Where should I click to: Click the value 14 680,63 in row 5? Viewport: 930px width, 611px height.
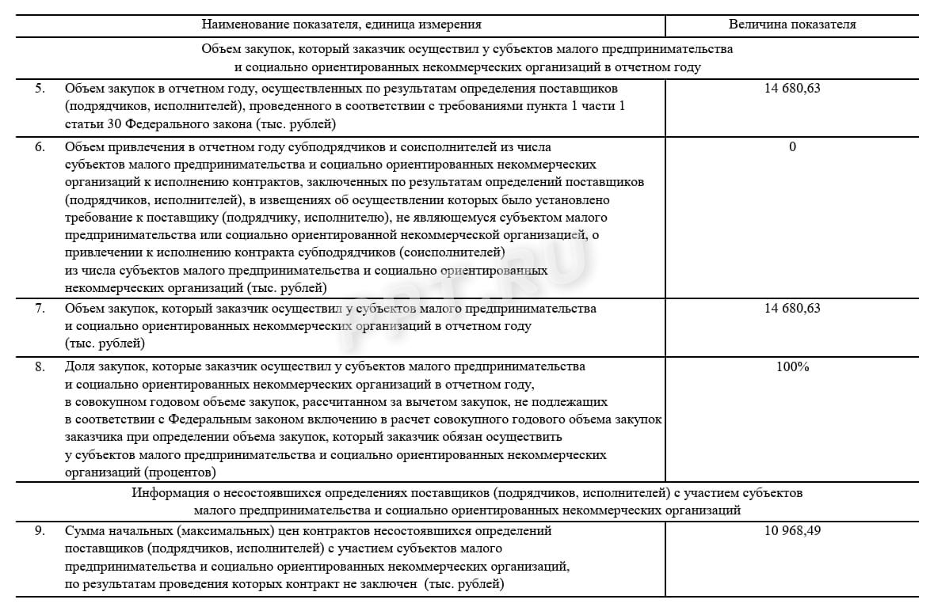pyautogui.click(x=792, y=89)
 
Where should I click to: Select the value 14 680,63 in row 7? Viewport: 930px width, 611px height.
pyautogui.click(x=792, y=309)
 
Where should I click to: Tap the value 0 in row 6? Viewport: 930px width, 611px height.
pyautogui.click(x=792, y=147)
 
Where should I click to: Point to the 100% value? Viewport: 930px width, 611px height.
pyautogui.click(x=792, y=367)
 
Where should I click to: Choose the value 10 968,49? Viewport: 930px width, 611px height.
pyautogui.click(x=792, y=531)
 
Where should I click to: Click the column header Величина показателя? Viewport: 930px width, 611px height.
pyautogui.click(x=792, y=25)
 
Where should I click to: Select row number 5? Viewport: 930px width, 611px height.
pyautogui.click(x=40, y=89)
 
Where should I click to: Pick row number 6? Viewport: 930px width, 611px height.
pyautogui.click(x=40, y=147)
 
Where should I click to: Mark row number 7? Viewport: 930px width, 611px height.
pyautogui.click(x=40, y=309)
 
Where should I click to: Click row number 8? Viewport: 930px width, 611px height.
pyautogui.click(x=40, y=367)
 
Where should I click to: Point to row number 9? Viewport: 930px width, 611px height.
pyautogui.click(x=40, y=531)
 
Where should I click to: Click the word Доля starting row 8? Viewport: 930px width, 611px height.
pyautogui.click(x=79, y=367)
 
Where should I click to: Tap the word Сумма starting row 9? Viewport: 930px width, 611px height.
pyautogui.click(x=84, y=531)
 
